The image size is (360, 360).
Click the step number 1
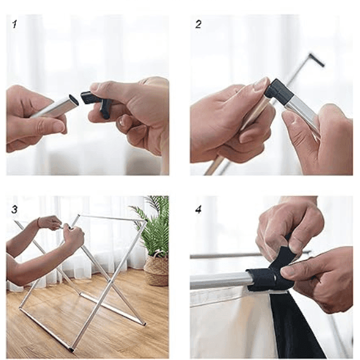pos(15,24)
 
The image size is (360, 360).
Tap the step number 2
pos(198,24)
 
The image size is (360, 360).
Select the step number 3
pos(15,210)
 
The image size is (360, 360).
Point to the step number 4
pos(198,210)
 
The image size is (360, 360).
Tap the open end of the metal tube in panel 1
pos(73,100)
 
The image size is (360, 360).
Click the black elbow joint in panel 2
pos(279,91)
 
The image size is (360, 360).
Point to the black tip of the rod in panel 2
pos(317,60)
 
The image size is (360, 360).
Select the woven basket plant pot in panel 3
pos(157,270)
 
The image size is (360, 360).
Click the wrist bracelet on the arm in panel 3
pos(39,222)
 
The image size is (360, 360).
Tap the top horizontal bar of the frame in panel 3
pos(112,218)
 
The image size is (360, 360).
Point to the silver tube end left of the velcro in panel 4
pos(220,280)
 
